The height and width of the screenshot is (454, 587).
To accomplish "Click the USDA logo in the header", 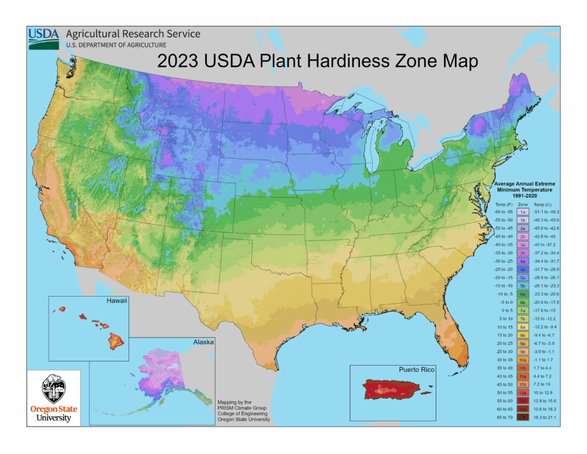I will click(44, 37).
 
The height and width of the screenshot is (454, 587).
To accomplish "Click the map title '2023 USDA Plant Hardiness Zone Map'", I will click(317, 61).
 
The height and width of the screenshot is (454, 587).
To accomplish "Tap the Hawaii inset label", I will click(116, 300).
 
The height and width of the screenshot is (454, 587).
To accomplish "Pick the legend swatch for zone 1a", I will click(523, 212).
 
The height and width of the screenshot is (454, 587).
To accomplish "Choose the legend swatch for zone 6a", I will click(523, 294).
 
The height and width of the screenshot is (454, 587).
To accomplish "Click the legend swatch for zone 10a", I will click(523, 359).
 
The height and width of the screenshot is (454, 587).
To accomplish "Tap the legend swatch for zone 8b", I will click(523, 335).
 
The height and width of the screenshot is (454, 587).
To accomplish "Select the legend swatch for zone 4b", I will click(523, 269).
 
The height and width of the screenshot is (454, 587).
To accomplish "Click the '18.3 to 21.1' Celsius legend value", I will click(545, 417).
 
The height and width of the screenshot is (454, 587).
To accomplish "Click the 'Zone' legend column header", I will click(523, 204).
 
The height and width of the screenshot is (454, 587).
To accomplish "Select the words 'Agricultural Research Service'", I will click(133, 34).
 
